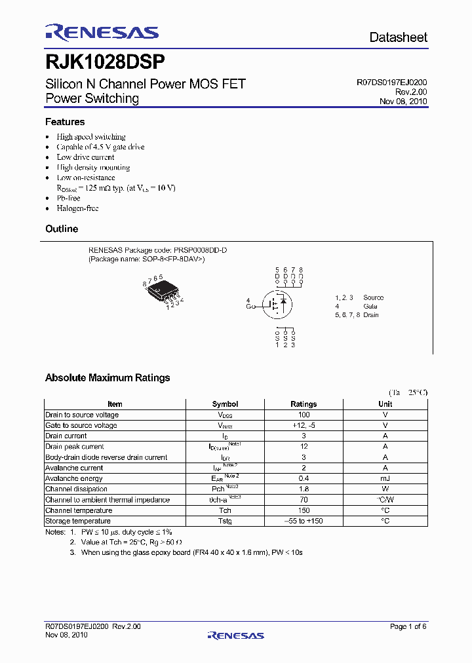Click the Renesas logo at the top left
(102, 33)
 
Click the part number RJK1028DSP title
(105, 62)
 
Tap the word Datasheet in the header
(398, 37)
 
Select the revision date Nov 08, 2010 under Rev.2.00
(403, 102)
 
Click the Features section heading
(65, 122)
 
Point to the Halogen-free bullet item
(77, 208)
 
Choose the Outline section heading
(62, 229)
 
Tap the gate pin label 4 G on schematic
(248, 303)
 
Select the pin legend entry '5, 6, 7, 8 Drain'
(357, 315)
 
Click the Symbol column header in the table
(225, 404)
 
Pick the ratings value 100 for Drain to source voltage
(304, 415)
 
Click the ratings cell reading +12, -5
(304, 425)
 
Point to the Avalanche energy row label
(73, 478)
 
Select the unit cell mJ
(385, 478)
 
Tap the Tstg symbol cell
(225, 521)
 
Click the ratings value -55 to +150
(304, 521)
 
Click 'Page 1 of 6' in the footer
(408, 626)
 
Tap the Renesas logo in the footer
(235, 635)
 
